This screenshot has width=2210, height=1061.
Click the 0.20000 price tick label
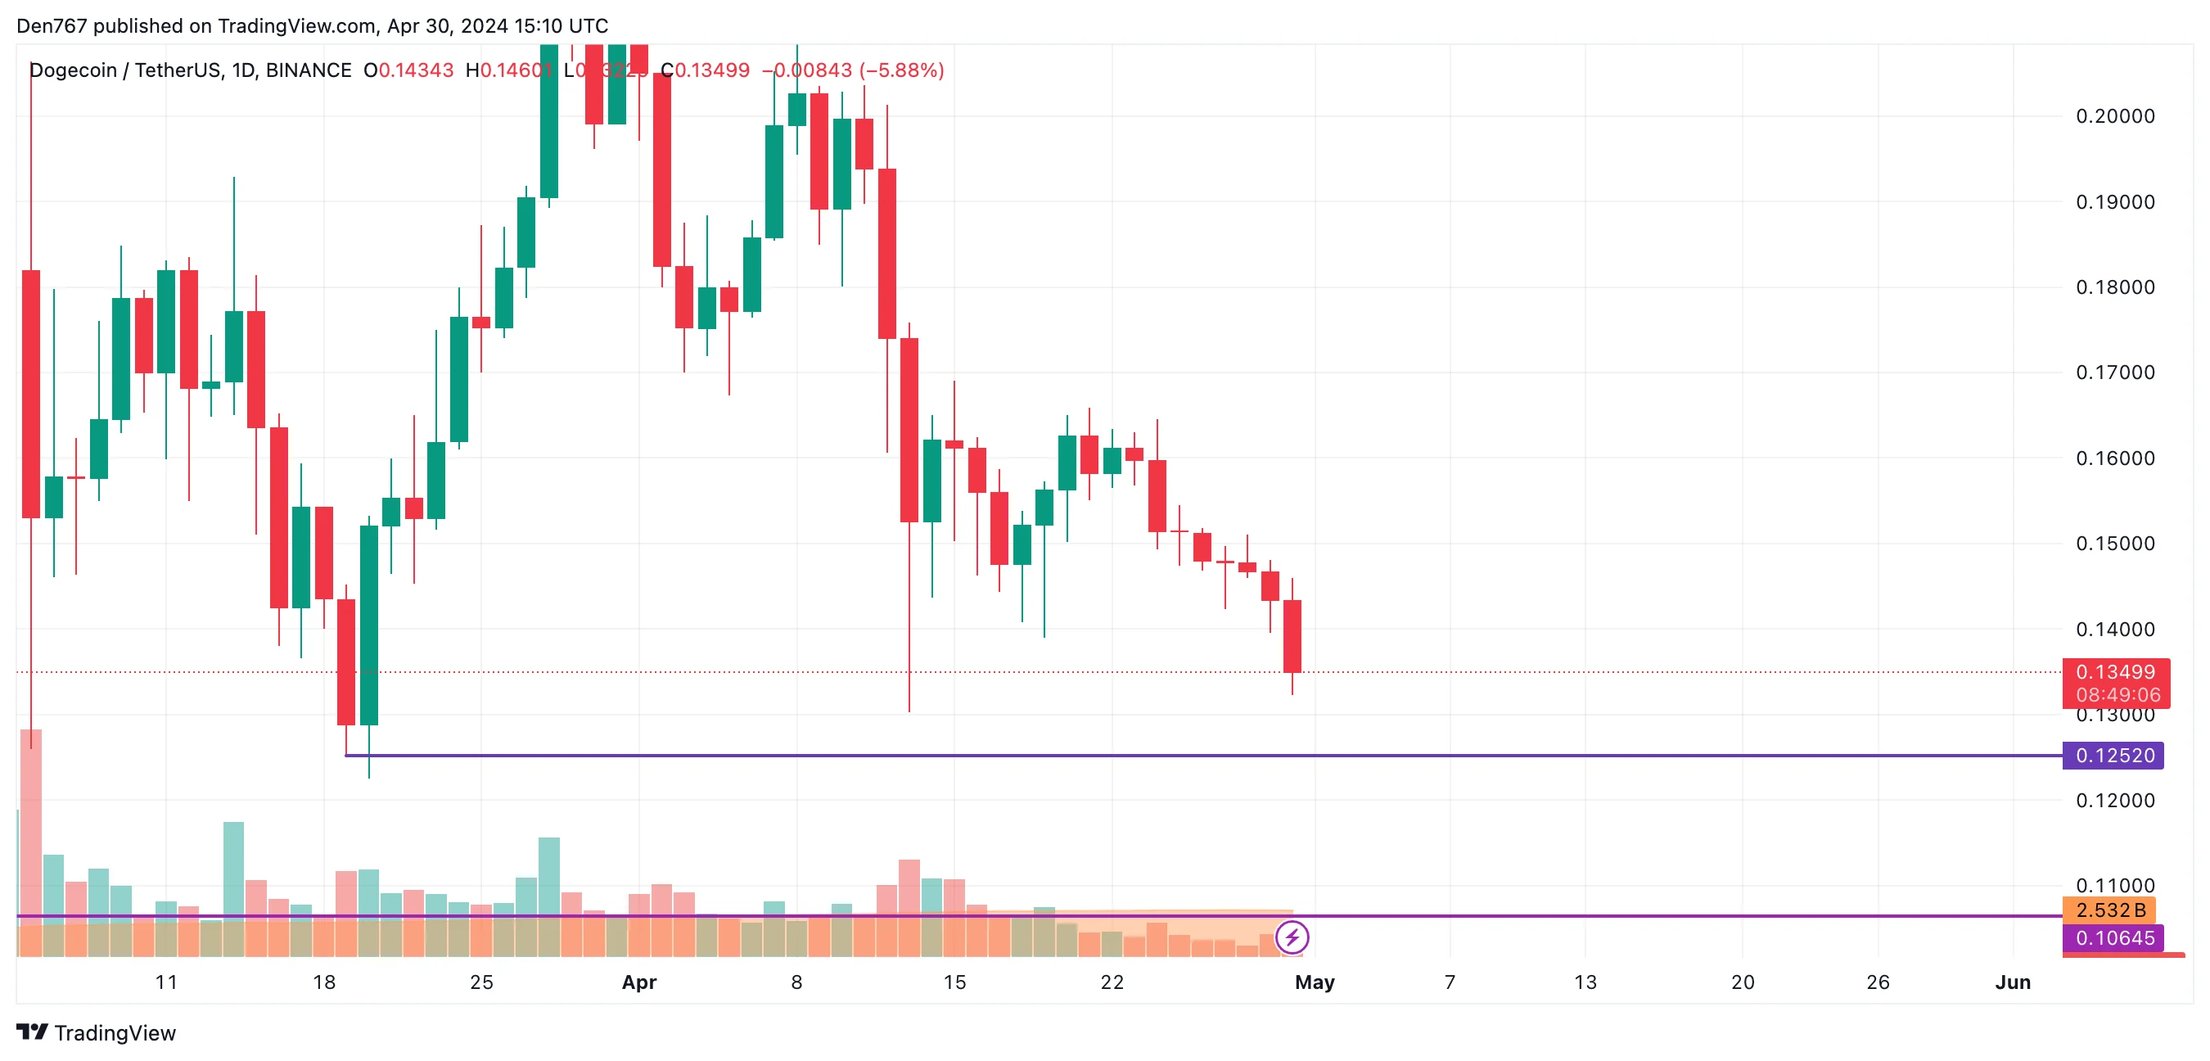point(2114,116)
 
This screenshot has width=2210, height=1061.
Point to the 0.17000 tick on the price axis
point(2114,372)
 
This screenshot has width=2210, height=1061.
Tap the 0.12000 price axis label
point(2114,800)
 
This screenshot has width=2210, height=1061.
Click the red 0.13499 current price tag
point(2115,673)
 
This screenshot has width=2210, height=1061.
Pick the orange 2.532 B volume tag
point(2109,910)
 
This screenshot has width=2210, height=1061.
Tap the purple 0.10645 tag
point(2113,938)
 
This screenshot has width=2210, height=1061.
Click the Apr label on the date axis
point(639,982)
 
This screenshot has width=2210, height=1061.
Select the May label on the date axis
point(1315,982)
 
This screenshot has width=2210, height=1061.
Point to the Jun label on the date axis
point(2013,982)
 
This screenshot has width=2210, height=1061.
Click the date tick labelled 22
point(1112,982)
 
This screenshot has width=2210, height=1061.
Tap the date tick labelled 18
point(324,982)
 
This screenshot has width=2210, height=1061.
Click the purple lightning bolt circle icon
point(1292,937)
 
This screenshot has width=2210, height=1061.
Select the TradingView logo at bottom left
point(96,1032)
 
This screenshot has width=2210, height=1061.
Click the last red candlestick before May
point(1292,636)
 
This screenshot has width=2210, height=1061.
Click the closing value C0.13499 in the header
point(706,70)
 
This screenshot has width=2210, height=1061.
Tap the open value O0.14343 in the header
point(408,70)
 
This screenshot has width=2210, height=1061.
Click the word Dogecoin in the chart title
point(73,70)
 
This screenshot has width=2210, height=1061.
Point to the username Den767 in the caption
point(52,25)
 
